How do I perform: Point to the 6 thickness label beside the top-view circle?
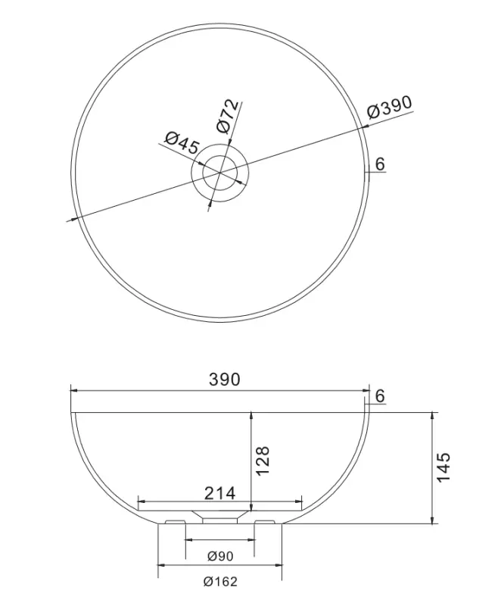(x=380, y=164)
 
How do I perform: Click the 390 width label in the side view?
(x=224, y=380)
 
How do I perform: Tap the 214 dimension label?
(x=220, y=493)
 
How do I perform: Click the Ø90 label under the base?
(x=219, y=557)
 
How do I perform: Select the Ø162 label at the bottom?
(x=219, y=582)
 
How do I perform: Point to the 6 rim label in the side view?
(x=380, y=395)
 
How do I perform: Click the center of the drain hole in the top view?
(x=219, y=173)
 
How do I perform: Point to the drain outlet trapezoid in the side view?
(x=219, y=515)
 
